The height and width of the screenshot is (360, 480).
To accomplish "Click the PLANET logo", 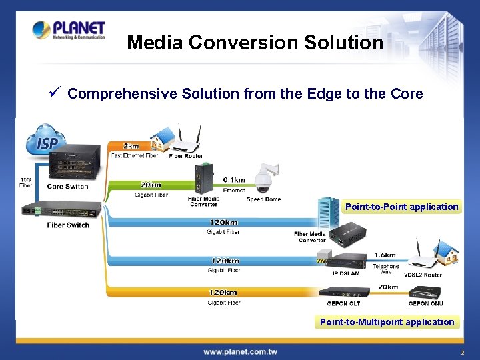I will pyautogui.click(x=69, y=30).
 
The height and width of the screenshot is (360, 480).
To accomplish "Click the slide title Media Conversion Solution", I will pyautogui.click(x=255, y=43).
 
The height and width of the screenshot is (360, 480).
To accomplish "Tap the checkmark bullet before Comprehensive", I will pyautogui.click(x=56, y=93).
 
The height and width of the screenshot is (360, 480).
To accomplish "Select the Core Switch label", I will pyautogui.click(x=68, y=187).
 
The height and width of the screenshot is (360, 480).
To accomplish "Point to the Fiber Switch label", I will pyautogui.click(x=68, y=225).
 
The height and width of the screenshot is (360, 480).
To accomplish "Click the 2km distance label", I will pyautogui.click(x=131, y=146).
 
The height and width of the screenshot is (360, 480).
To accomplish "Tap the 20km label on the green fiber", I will pyautogui.click(x=151, y=185).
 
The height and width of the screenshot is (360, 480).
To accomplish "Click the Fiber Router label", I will pyautogui.click(x=186, y=156).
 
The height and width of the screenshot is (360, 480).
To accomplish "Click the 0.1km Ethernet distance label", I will pyautogui.click(x=233, y=180).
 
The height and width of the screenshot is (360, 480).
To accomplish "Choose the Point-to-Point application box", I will pyautogui.click(x=401, y=207).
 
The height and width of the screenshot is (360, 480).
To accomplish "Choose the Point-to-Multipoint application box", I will pyautogui.click(x=387, y=322).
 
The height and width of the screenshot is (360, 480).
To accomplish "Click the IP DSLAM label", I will pyautogui.click(x=345, y=274).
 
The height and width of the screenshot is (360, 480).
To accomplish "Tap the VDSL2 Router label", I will pyautogui.click(x=423, y=275).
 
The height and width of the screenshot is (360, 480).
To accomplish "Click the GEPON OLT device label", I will pyautogui.click(x=344, y=304).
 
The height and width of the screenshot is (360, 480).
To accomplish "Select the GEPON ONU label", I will pyautogui.click(x=425, y=304).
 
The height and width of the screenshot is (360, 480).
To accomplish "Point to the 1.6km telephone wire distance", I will pyautogui.click(x=385, y=255).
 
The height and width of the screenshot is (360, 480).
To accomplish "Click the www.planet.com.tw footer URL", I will pyautogui.click(x=240, y=351).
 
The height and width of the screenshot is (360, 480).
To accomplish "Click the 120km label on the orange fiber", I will pyautogui.click(x=223, y=293).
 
